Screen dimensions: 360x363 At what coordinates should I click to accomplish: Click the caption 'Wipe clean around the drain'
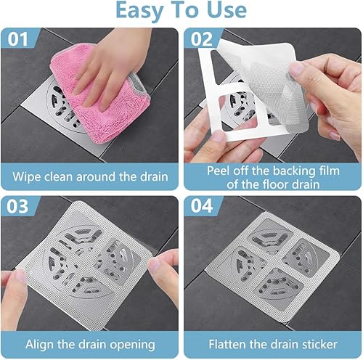tap(91, 176)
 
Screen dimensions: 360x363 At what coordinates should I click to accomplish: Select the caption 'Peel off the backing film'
tap(272, 170)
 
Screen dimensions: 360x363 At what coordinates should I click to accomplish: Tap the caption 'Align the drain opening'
tap(91, 343)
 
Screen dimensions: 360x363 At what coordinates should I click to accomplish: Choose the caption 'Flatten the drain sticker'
tap(272, 343)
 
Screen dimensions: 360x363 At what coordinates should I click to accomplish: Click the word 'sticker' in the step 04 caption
tap(314, 343)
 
